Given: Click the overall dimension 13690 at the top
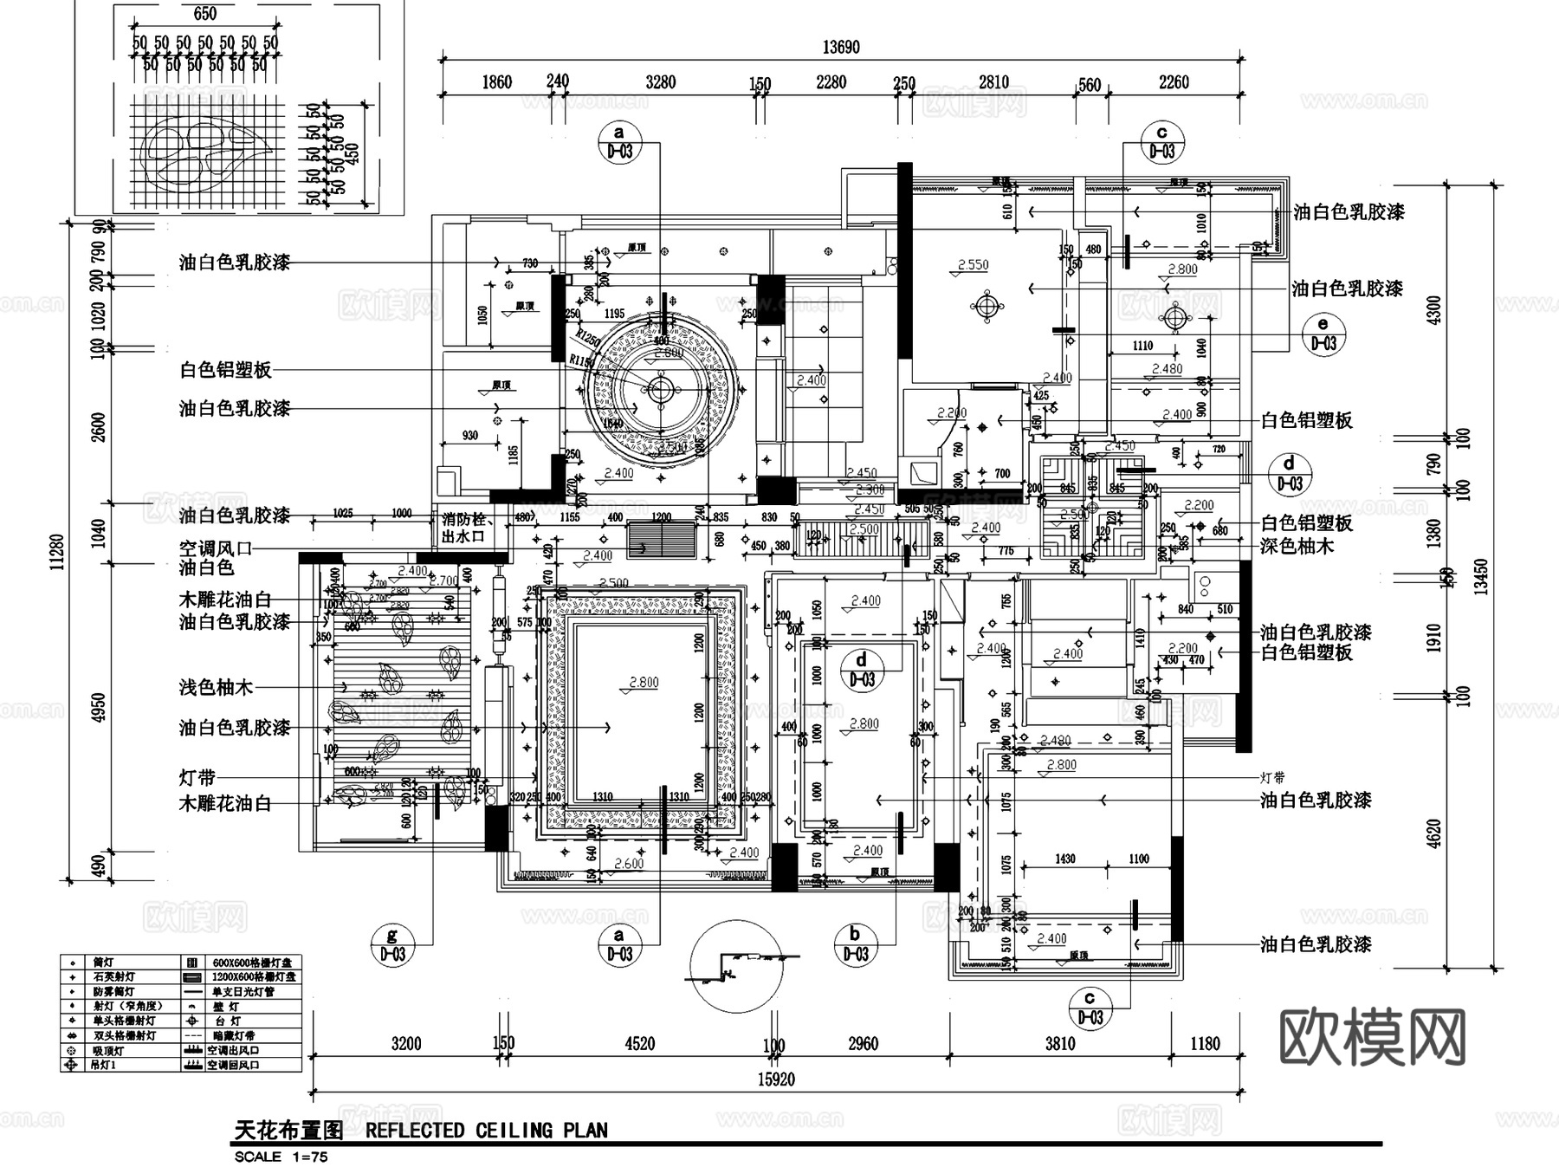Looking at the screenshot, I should point(840,48).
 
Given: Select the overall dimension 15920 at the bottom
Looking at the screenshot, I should point(775,1079).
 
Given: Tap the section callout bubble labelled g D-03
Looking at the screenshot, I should point(392,944).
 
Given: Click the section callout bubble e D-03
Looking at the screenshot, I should point(1323,334).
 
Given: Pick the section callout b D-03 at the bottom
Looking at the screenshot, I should point(855,944).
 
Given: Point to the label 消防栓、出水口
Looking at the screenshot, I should point(467,528).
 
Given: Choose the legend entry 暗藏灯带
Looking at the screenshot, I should point(230,1035).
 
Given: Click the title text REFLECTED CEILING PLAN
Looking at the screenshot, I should point(486,1130).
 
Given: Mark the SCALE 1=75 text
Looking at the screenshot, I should point(281,1156).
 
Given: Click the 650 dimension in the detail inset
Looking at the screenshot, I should point(204,14).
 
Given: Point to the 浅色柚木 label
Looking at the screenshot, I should point(216,687).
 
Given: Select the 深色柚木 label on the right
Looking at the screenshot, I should point(1297,546).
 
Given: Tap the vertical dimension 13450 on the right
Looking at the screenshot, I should point(1481,576).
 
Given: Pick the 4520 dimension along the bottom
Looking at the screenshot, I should point(639,1043).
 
